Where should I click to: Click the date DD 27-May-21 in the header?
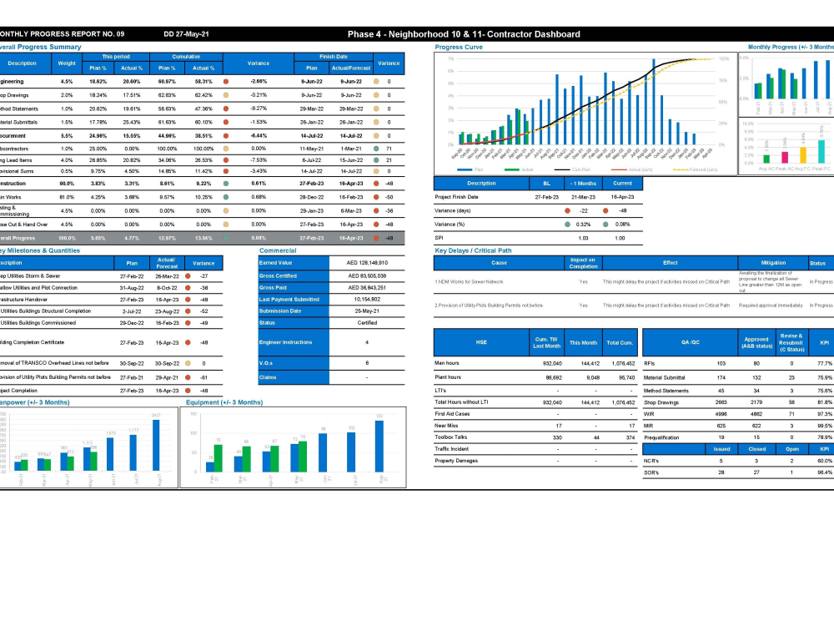(x=186, y=34)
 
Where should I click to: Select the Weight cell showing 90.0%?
(x=66, y=183)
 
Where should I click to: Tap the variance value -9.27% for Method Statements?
(x=258, y=109)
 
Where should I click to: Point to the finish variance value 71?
(x=389, y=148)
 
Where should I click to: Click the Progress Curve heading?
(x=459, y=48)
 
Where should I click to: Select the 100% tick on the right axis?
(x=724, y=59)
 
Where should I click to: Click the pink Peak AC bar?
(x=785, y=156)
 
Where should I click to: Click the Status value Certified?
(x=367, y=322)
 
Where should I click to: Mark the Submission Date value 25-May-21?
(x=367, y=310)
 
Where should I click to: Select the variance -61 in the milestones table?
(x=203, y=376)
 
